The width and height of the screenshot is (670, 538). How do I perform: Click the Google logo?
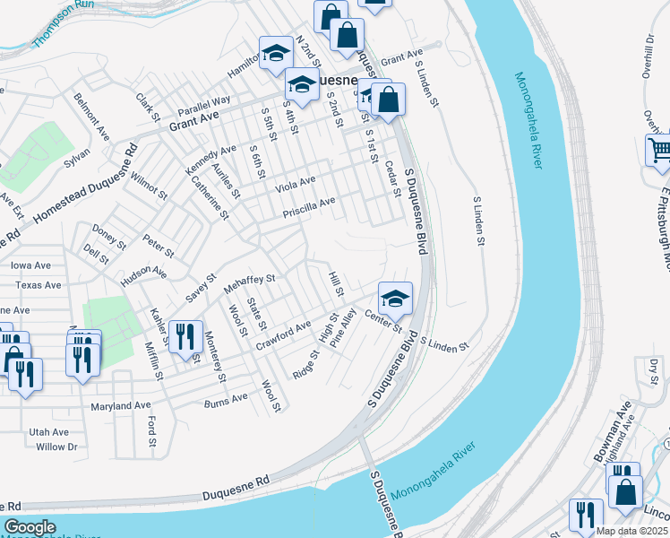coord(30,527)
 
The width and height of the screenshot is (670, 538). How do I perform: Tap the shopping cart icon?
coord(658,150)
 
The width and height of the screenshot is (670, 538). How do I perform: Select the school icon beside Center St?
coord(395,298)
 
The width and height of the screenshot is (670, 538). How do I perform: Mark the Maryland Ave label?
coord(121,406)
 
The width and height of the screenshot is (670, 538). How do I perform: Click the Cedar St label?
coord(391,178)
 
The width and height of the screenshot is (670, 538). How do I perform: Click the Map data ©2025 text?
coord(632,531)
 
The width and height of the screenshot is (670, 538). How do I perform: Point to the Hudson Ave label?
coord(144,274)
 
